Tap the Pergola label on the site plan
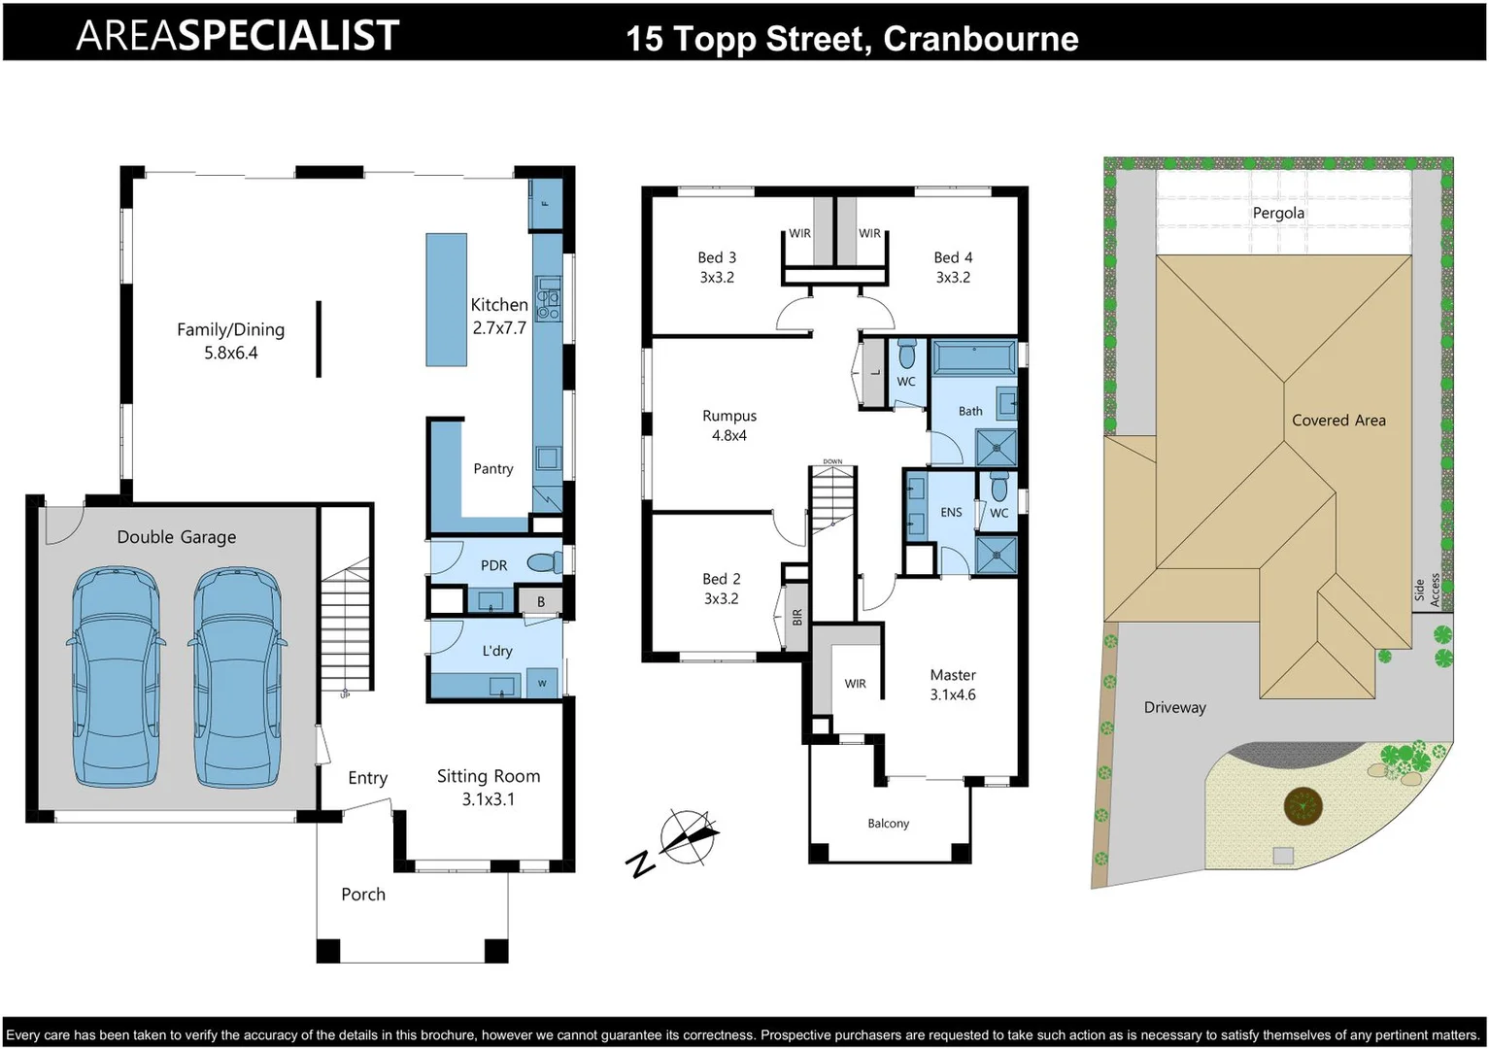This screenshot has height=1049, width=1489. [1278, 213]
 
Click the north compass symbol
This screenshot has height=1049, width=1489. [688, 836]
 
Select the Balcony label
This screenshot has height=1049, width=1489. [888, 824]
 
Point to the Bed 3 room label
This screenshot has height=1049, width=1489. [717, 267]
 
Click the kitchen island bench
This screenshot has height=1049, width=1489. [446, 299]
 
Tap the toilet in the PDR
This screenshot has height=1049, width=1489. [544, 562]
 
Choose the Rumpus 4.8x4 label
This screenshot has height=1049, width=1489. [729, 425]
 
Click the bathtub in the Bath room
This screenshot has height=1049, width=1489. [973, 358]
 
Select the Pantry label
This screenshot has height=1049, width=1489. [493, 469]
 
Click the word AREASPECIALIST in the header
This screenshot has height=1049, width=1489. [238, 36]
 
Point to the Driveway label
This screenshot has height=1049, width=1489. [1174, 707]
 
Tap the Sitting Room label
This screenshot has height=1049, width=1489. [489, 787]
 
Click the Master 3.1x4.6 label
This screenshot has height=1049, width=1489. [953, 685]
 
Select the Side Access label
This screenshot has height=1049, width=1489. [1427, 590]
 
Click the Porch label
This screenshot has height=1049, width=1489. [363, 895]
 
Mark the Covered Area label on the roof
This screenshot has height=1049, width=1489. [1338, 421]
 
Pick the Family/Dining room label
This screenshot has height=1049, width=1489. [230, 341]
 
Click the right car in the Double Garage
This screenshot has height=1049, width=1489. [238, 678]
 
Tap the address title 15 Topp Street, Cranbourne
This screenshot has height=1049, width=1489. [852, 39]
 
